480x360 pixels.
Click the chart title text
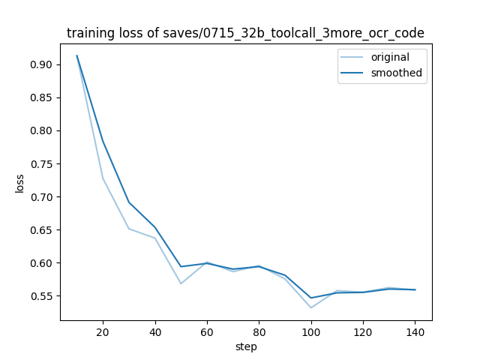[x=245, y=33]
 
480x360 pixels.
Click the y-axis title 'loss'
[x=20, y=183]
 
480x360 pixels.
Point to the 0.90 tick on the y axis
[x=41, y=64]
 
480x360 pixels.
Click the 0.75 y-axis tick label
[x=41, y=164]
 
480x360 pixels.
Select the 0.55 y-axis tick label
[x=41, y=296]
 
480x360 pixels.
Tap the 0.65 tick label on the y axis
[x=41, y=230]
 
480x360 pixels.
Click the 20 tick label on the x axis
[x=103, y=331]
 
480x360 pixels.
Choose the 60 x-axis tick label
[x=207, y=331]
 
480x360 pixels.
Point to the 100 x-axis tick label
[x=311, y=331]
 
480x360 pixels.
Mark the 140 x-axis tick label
[x=415, y=331]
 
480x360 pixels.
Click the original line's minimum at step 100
[x=311, y=307]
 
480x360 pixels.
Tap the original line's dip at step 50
[x=181, y=283]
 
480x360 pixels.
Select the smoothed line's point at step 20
[x=103, y=142]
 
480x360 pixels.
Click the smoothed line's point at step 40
[x=155, y=227]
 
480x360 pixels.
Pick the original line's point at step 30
[x=129, y=229]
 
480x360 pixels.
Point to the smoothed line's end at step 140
[x=415, y=289]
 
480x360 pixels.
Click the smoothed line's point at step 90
[x=285, y=275]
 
